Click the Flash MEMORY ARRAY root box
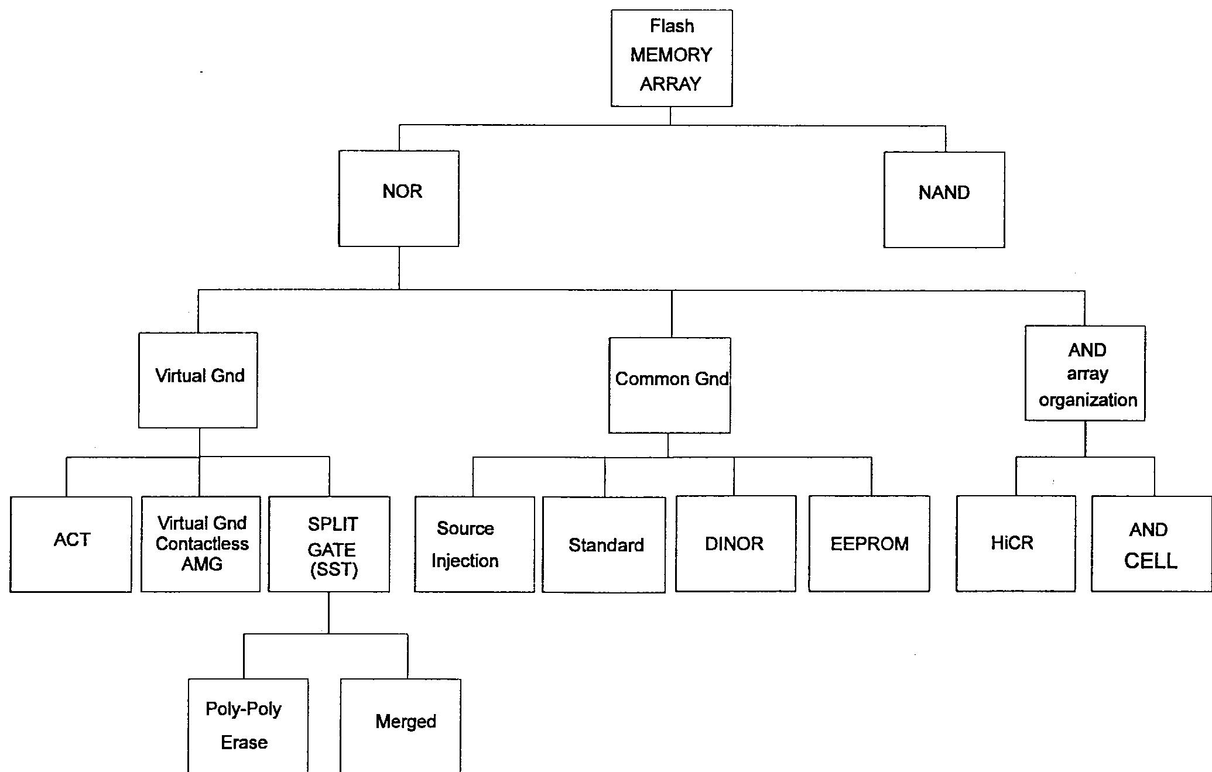pos(672,58)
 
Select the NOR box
pos(399,198)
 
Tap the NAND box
pos(944,200)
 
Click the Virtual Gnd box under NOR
pos(198,380)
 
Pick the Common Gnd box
pos(669,385)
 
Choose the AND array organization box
pos(1085,373)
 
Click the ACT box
pos(71,544)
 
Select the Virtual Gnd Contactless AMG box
pos(201,544)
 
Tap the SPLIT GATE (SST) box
pos(329,544)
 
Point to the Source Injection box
pos(474,544)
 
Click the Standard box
pos(604,544)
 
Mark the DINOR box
pos(735,544)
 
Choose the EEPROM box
pos(869,544)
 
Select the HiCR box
pos(1016,544)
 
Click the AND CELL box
pos(1151,544)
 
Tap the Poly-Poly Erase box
pos(248,726)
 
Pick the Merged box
pos(400,726)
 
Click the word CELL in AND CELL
pos(1151,561)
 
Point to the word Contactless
pos(202,544)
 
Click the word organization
pos(1088,400)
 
